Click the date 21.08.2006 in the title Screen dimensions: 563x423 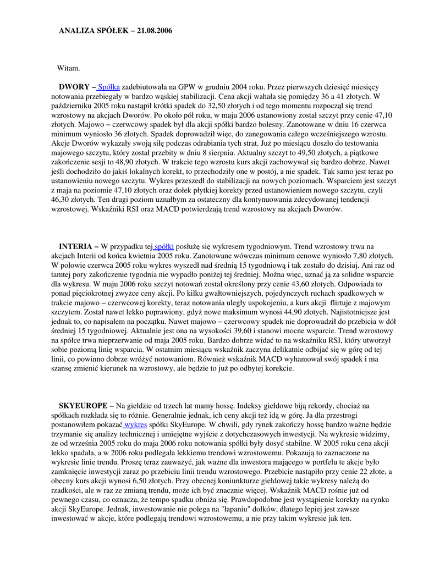151,31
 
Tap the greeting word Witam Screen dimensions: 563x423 69,68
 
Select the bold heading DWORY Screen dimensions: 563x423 75,87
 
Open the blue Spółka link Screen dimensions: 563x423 108,87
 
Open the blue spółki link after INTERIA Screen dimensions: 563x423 164,247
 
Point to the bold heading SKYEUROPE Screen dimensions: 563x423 83,406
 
